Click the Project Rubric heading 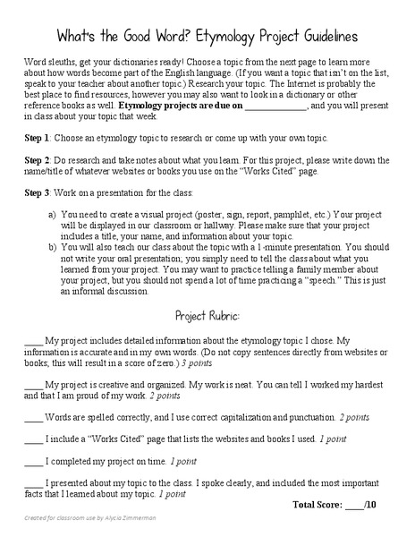(207, 317)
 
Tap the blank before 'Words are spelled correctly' (33, 417)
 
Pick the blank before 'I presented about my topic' (33, 482)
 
